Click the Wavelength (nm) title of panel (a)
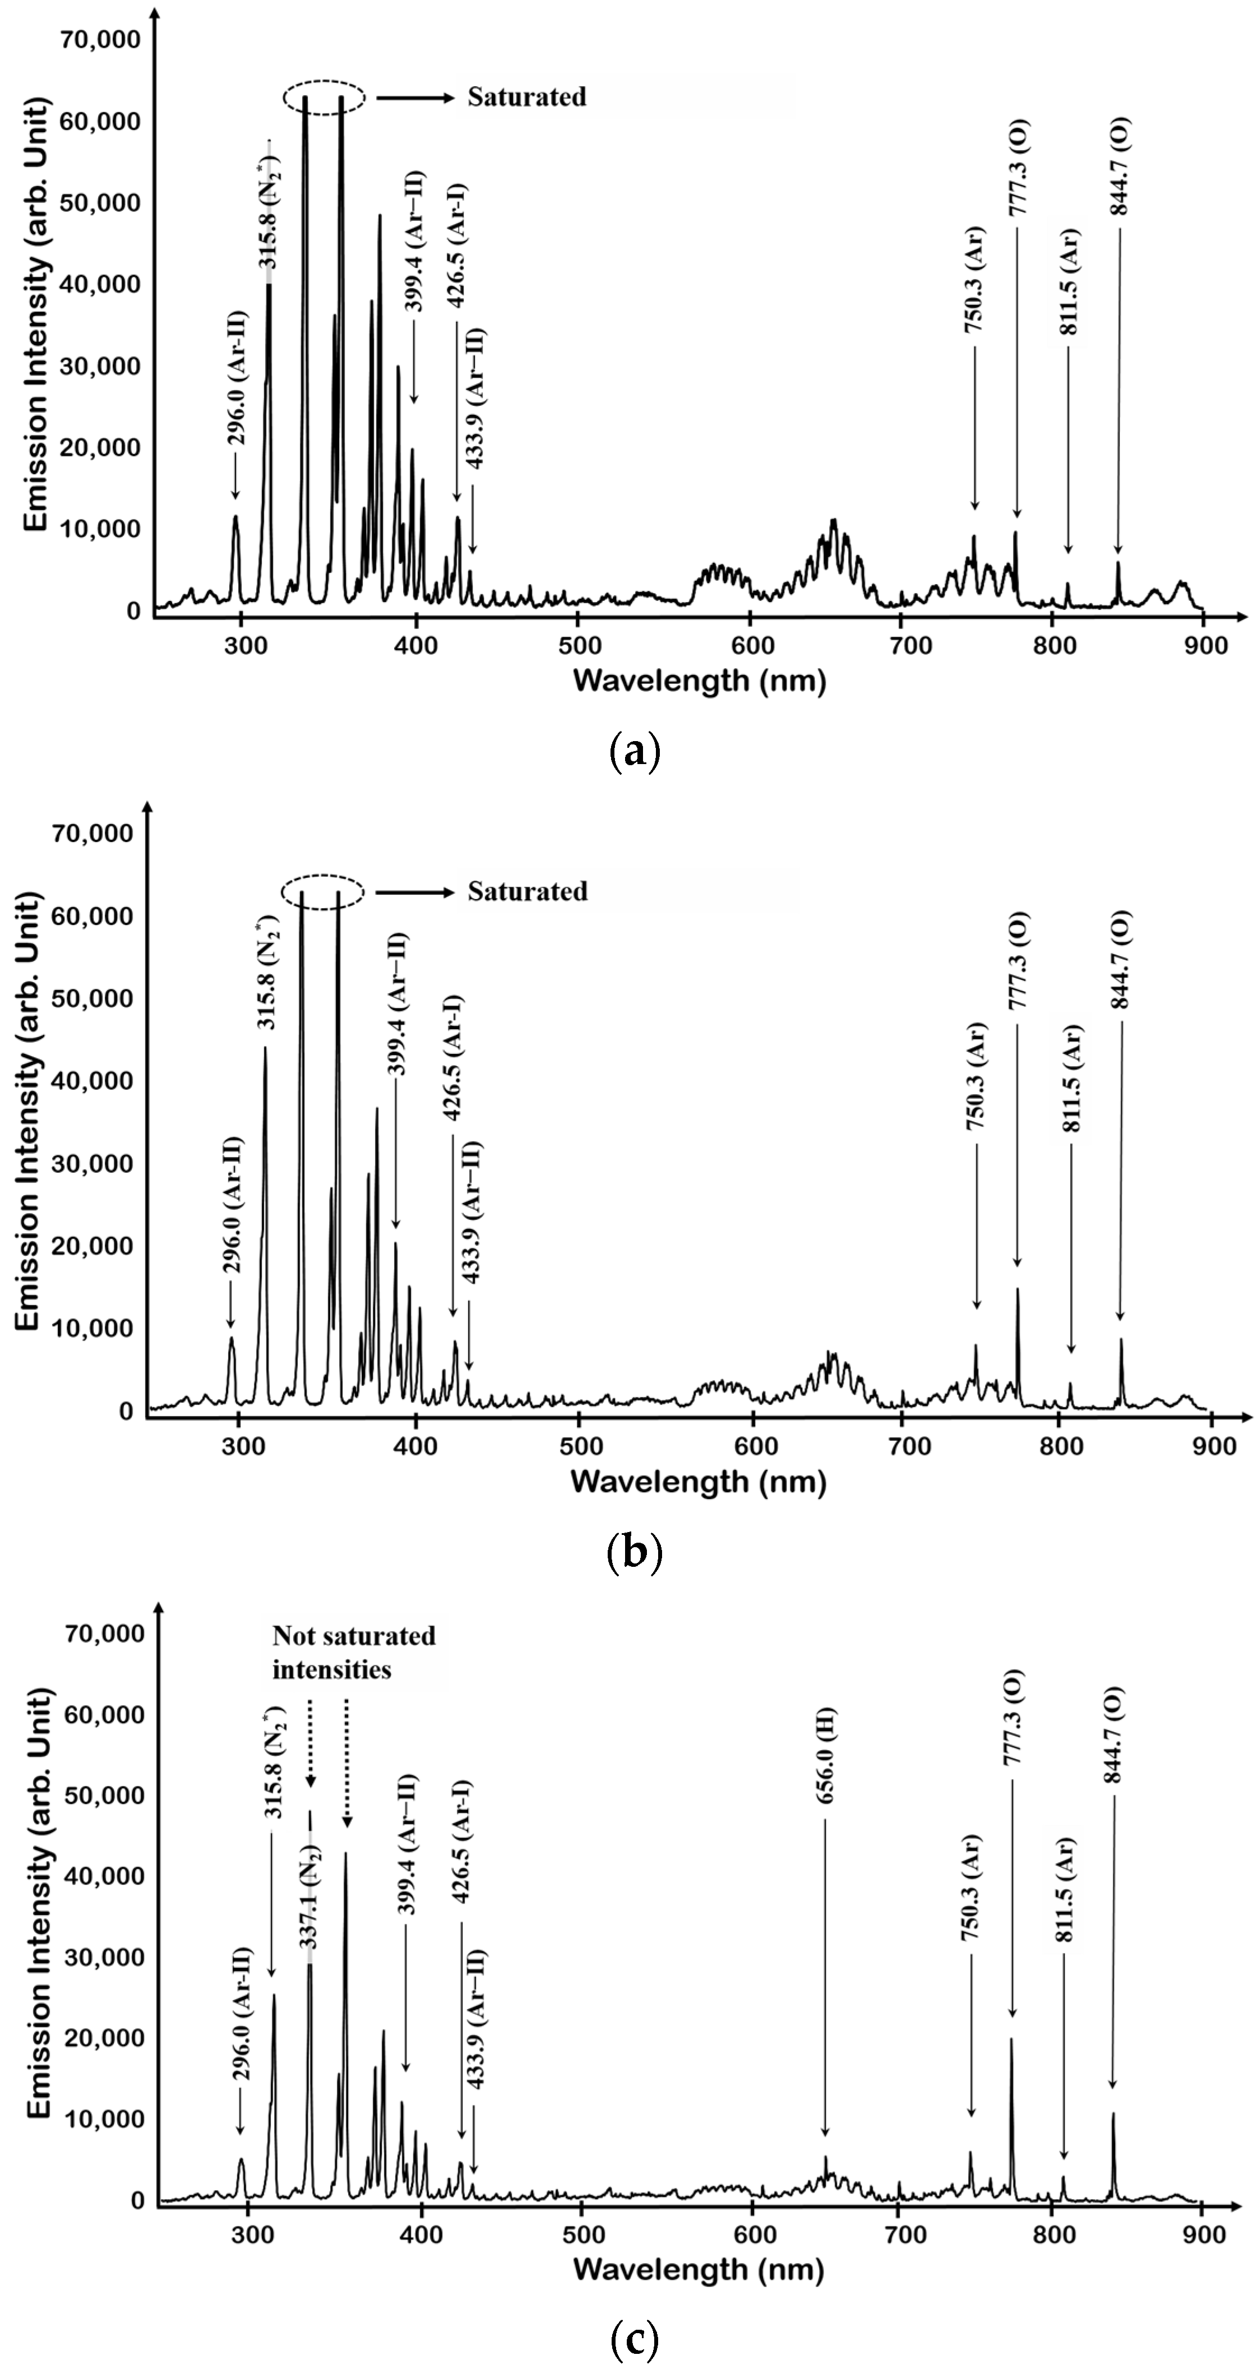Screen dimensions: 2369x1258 click(699, 681)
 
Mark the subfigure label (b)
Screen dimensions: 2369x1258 click(635, 1552)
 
